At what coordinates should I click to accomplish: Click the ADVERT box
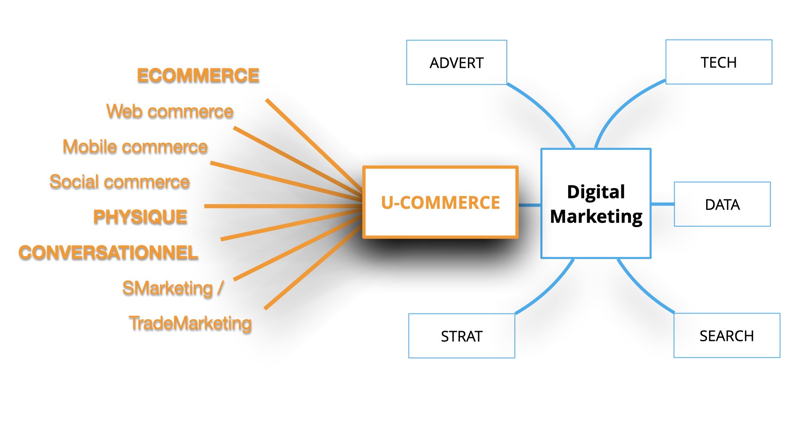click(456, 62)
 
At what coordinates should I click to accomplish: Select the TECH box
click(719, 62)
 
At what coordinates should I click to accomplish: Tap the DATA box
click(722, 204)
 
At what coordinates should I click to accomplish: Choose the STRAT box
click(462, 336)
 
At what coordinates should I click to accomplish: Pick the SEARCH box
click(727, 336)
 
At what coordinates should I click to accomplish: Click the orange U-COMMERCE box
click(440, 202)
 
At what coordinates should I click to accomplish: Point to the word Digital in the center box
click(596, 192)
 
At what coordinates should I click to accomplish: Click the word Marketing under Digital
click(596, 216)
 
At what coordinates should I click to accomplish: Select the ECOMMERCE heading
click(198, 76)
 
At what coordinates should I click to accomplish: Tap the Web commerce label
click(170, 111)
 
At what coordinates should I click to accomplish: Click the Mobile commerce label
click(135, 147)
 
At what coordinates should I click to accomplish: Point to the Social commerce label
click(120, 182)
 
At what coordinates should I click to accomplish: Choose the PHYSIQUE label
click(140, 217)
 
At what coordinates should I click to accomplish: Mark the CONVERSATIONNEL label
click(108, 253)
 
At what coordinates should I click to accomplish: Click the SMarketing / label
click(173, 288)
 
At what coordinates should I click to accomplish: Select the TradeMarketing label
click(190, 323)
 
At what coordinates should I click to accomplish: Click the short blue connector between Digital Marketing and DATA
click(662, 204)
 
